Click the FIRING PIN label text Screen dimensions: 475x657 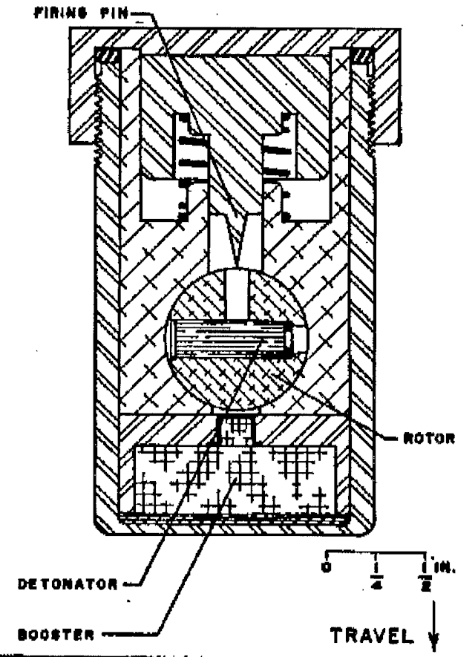[81, 13]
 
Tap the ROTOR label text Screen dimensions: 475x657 [429, 439]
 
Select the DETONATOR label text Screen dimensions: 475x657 [68, 584]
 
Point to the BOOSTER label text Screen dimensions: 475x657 [56, 635]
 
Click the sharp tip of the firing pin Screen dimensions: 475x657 [237, 267]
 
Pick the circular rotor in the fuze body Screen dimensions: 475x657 [237, 339]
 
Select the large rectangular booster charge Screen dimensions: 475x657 [235, 479]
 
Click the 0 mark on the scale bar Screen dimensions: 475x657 [327, 568]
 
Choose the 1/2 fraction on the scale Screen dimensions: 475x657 [425, 576]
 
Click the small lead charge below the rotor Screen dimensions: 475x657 [237, 431]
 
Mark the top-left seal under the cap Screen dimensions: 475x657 [107, 55]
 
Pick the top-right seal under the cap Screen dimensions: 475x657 [361, 55]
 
